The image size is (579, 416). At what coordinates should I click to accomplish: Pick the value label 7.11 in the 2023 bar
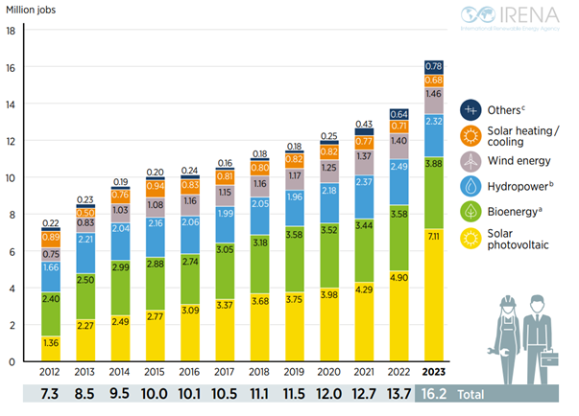434,236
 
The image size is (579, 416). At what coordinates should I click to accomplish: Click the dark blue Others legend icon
471,109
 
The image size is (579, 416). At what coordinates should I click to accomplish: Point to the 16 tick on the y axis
12,67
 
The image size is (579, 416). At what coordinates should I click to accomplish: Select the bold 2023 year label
434,372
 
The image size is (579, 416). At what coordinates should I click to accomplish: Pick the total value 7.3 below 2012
50,394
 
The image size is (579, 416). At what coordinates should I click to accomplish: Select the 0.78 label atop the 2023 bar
434,66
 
